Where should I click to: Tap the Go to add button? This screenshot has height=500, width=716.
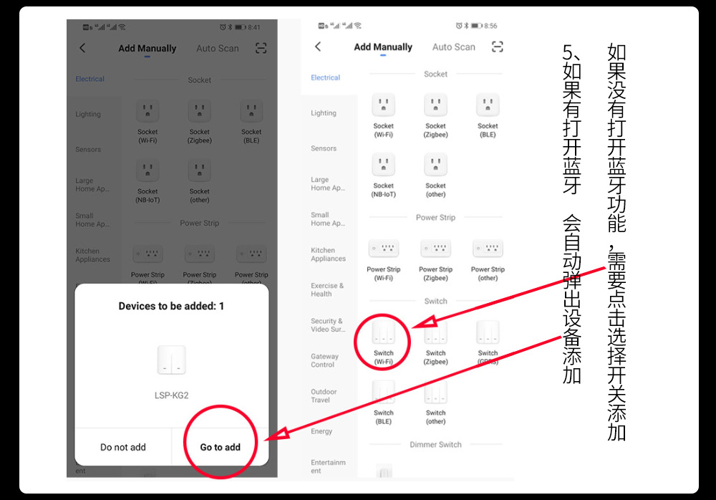pos(220,447)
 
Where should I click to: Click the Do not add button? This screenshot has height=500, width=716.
pos(122,447)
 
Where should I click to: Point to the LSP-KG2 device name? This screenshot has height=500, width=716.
pos(171,395)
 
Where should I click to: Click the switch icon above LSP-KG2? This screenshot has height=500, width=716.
pos(171,360)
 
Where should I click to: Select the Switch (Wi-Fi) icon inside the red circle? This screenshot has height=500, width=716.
pos(384,332)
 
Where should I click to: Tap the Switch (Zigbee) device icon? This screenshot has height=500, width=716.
pos(435,332)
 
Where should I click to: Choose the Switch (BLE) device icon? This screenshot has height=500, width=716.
pos(384,393)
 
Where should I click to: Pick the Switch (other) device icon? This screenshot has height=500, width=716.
pos(435,393)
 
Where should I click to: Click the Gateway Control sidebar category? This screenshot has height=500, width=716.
pos(324,360)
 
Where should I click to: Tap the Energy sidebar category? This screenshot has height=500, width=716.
pos(321,431)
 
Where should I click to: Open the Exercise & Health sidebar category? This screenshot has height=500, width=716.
pos(326,289)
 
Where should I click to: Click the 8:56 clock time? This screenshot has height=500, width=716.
pos(490,26)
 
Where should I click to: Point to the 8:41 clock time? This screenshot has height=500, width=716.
pos(254,27)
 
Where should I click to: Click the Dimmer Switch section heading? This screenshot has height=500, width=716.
pos(435,445)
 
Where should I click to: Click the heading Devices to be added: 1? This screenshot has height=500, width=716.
pos(171,306)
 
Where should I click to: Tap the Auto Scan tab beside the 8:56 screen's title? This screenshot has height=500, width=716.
pos(453,47)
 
